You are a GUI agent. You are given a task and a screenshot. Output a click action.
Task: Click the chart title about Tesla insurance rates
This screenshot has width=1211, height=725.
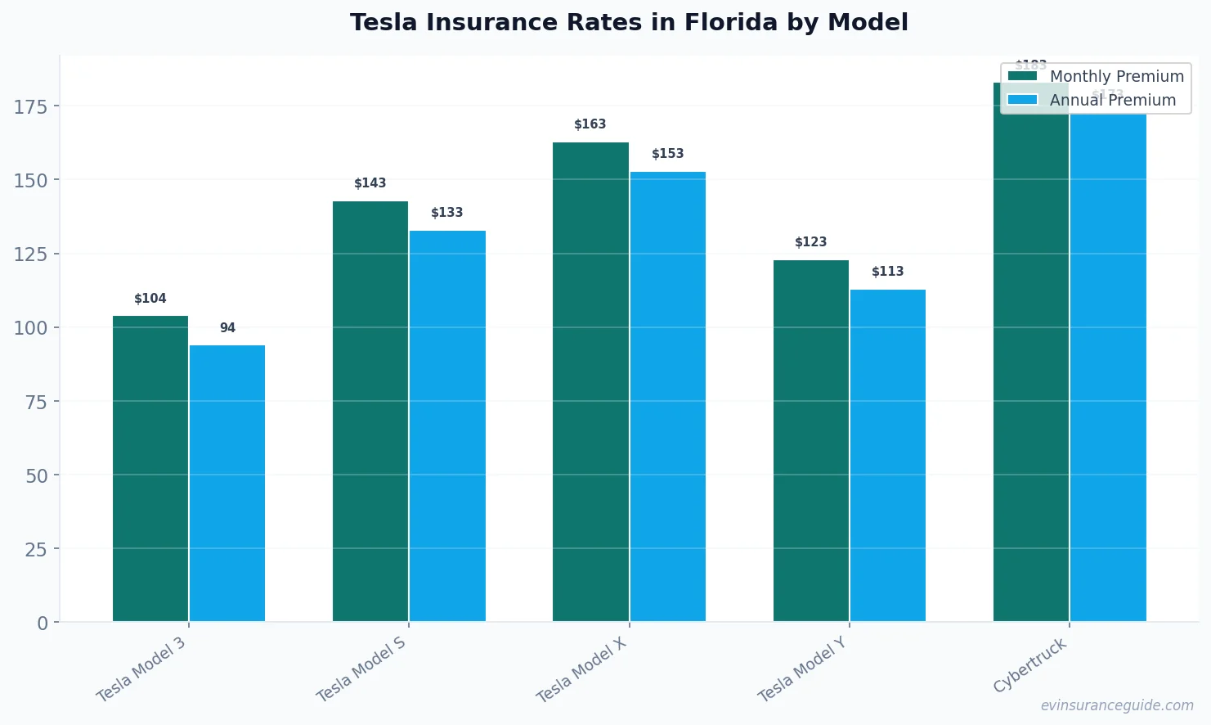(x=629, y=23)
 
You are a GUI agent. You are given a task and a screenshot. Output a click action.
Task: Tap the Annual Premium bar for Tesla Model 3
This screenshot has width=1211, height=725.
(x=227, y=483)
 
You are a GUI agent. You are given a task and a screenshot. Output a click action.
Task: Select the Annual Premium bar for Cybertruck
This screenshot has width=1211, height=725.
(x=1108, y=368)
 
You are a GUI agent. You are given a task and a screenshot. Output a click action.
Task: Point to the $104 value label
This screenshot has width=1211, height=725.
(x=150, y=299)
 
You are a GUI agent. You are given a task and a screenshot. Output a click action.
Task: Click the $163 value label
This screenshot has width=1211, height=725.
(x=590, y=124)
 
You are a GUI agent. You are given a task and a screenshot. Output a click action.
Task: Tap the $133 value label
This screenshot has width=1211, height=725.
(x=447, y=213)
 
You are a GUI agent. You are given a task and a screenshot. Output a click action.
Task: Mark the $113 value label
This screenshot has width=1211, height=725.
(x=888, y=272)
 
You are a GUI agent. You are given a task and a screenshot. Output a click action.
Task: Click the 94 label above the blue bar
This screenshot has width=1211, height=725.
(x=227, y=328)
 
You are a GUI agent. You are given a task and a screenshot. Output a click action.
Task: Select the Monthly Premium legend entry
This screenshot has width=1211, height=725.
(x=1096, y=76)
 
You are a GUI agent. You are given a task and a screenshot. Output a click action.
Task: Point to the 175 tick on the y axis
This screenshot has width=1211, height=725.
(x=30, y=106)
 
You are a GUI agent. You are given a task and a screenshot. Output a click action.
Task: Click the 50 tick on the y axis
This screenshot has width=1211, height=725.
(x=36, y=475)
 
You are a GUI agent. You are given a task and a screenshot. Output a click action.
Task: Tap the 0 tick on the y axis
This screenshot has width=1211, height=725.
(x=43, y=624)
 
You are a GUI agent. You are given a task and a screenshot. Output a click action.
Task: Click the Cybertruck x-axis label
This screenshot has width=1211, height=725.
(x=1030, y=665)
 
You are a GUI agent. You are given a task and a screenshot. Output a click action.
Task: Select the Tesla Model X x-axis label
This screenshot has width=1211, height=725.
(x=581, y=669)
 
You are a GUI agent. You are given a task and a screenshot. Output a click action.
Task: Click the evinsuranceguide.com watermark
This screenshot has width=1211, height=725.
(x=1117, y=705)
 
